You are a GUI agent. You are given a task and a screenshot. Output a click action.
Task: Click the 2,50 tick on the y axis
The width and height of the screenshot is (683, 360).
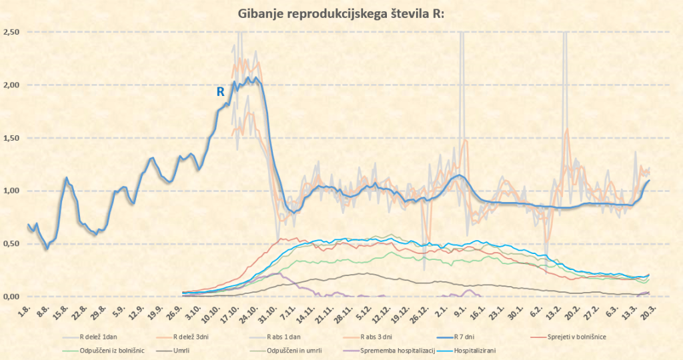click(x=11, y=32)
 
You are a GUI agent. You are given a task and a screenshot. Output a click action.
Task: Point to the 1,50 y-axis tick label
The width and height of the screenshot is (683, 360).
click(x=11, y=138)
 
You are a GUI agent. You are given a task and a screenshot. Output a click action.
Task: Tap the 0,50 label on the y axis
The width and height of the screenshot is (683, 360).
click(x=11, y=244)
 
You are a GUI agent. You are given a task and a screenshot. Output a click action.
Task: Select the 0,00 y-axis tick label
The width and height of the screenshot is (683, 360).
click(x=11, y=297)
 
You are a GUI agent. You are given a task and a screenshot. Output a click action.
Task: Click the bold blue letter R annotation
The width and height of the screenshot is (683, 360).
click(x=220, y=93)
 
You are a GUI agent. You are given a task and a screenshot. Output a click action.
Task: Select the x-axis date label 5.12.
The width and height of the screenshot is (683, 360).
click(x=363, y=311)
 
